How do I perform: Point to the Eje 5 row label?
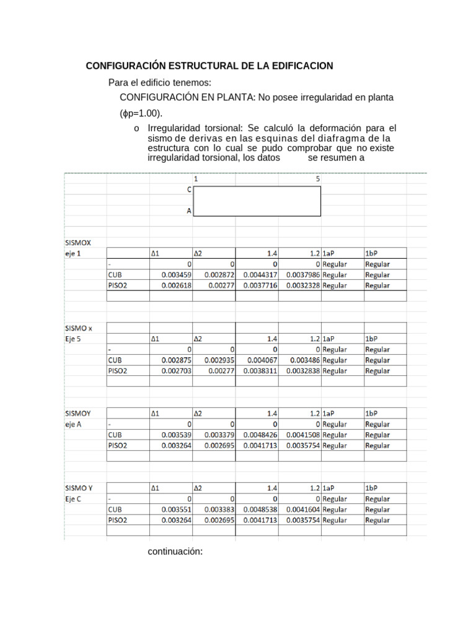[x=73, y=339]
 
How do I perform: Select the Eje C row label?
[x=73, y=498]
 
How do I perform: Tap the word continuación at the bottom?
[x=175, y=552]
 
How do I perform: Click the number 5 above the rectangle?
[x=318, y=178]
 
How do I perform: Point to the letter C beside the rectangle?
[x=188, y=190]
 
